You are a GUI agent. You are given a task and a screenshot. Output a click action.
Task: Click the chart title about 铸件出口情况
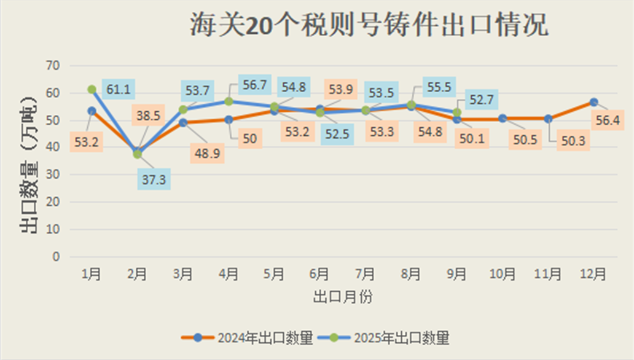(x=368, y=27)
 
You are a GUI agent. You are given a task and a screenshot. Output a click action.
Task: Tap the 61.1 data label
(x=118, y=90)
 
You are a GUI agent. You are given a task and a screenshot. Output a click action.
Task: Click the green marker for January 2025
(x=92, y=90)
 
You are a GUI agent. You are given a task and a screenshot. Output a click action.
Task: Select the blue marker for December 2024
(x=593, y=102)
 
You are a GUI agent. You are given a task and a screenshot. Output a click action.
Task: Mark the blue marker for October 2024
(x=503, y=118)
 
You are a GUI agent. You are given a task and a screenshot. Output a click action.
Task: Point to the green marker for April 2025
(x=229, y=101)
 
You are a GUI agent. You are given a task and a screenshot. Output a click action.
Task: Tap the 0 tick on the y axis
(x=56, y=257)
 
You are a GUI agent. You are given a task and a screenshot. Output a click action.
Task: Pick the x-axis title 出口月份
(x=343, y=297)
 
